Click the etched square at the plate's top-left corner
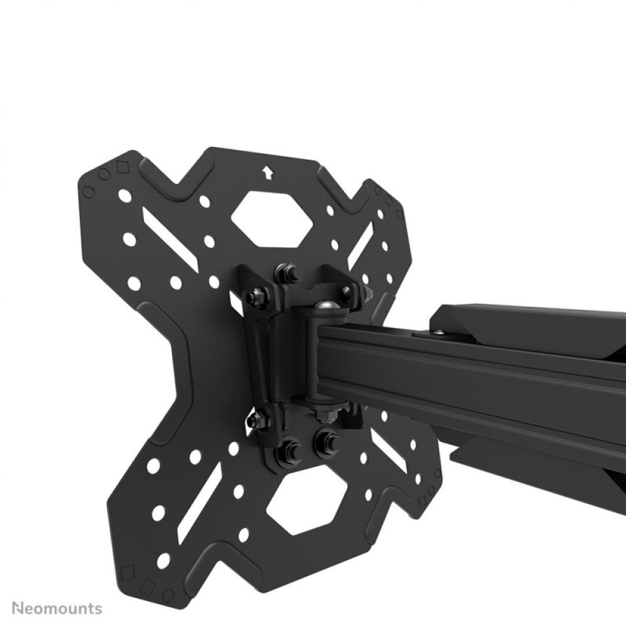coord(120,168)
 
